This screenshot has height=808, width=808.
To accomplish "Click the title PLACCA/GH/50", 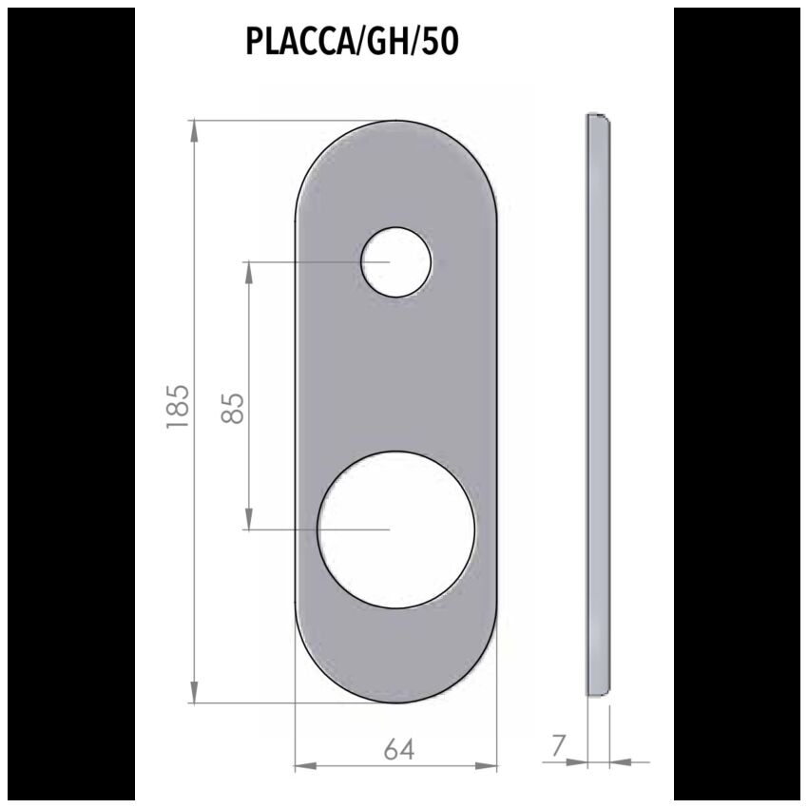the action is pos(352,42).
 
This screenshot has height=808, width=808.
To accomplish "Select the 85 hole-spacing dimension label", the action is pos(232,409).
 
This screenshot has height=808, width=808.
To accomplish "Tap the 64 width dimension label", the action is pos(399,750).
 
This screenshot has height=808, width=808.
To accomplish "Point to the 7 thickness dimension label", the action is pos(559,745).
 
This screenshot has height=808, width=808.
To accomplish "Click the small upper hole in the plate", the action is pos(395,262).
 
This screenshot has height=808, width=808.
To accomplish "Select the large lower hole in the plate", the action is pos(395,529).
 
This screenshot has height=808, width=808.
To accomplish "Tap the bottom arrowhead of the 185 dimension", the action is pos(194,691).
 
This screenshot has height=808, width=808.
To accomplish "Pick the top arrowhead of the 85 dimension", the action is pos(248,273).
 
